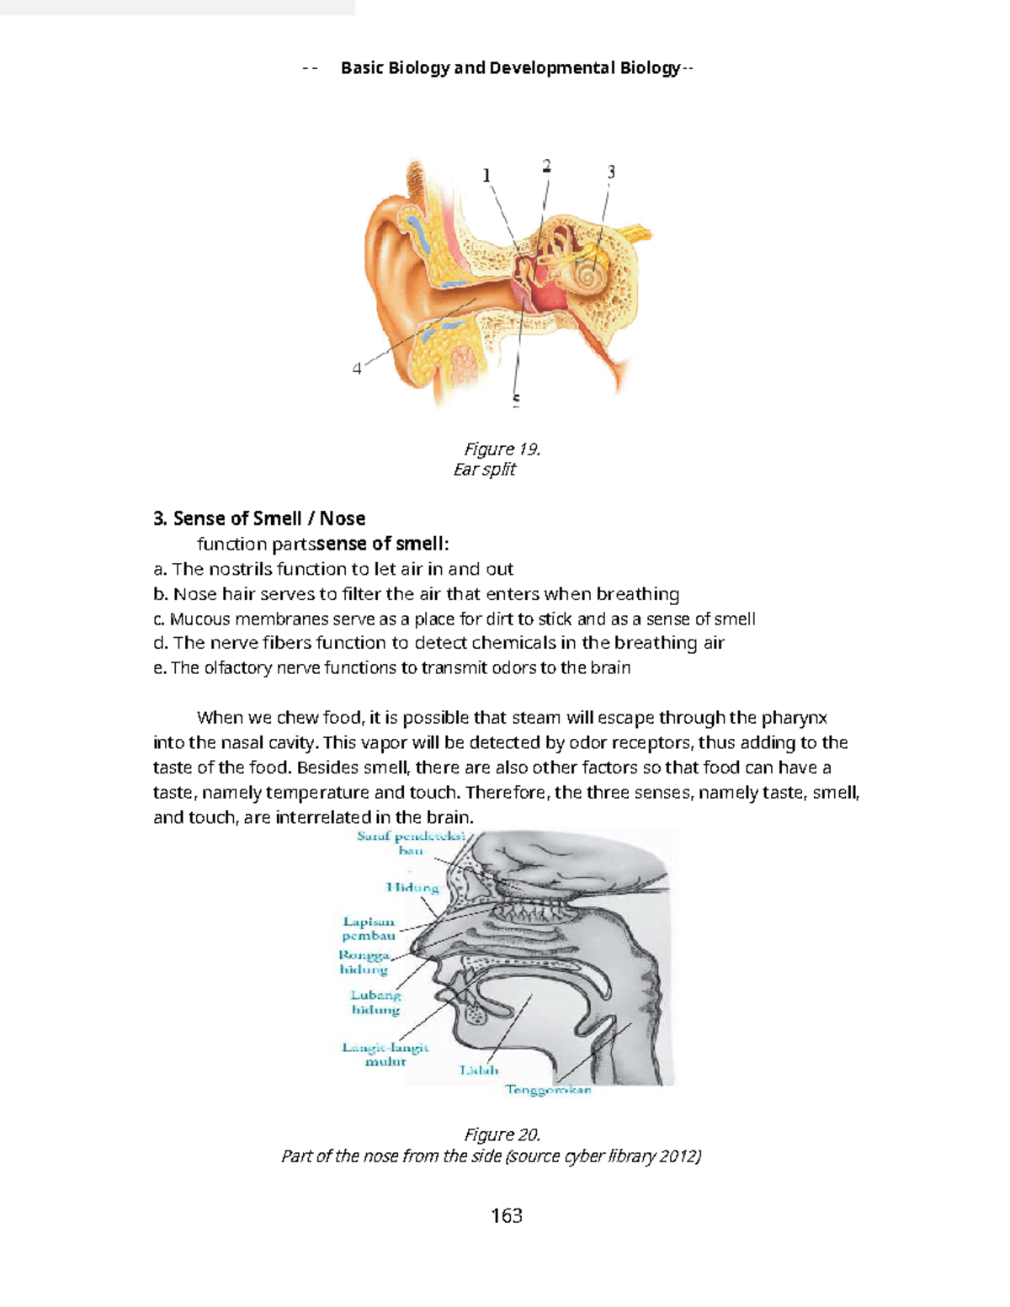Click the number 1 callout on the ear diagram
tap(486, 175)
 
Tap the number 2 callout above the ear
tap(547, 166)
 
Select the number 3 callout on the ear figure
tap(611, 172)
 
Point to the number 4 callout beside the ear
tap(357, 369)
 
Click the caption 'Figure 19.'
tap(502, 449)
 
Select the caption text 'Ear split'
tap(484, 470)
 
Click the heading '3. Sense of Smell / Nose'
tap(259, 518)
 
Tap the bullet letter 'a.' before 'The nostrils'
tap(160, 569)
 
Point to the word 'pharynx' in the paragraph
tap(794, 718)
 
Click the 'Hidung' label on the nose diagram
tap(412, 887)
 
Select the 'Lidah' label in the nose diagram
tap(478, 1071)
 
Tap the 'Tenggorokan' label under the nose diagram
tap(548, 1090)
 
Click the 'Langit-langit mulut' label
tap(385, 1055)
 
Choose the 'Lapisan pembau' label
tap(369, 928)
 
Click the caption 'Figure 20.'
tap(502, 1134)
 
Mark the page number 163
tap(506, 1215)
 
